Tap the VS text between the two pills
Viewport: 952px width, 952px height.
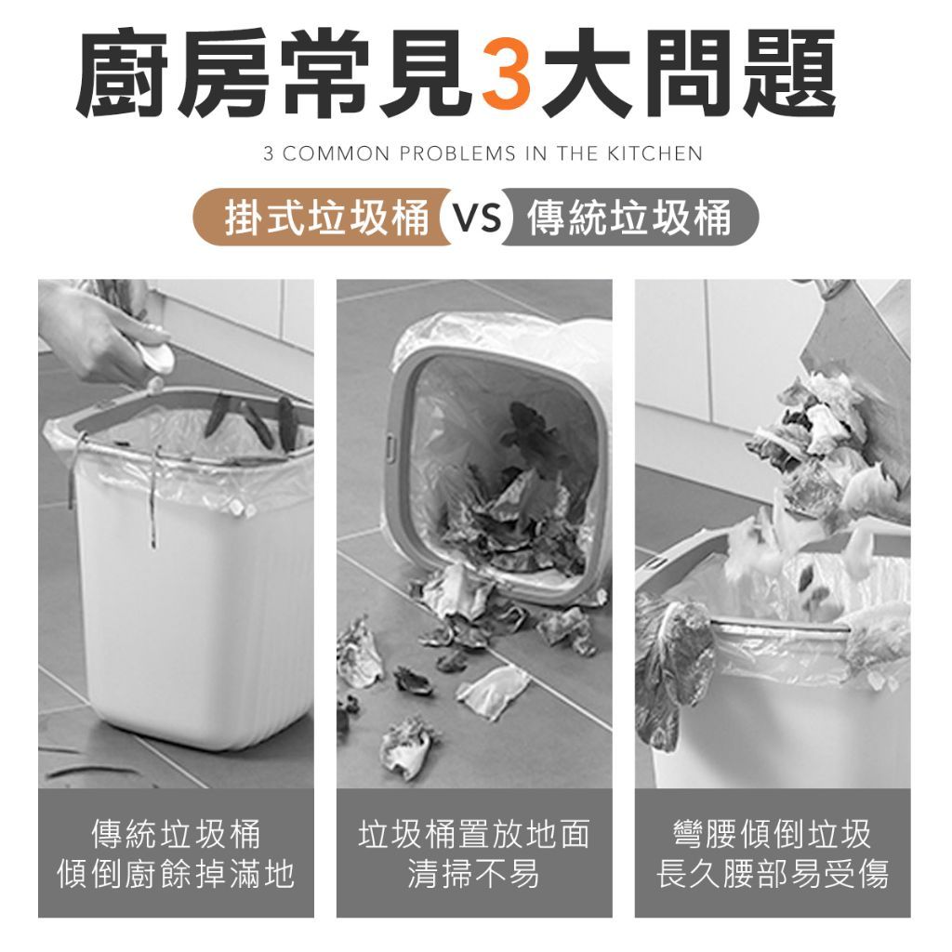point(479,218)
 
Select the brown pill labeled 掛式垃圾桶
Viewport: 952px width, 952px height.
point(322,218)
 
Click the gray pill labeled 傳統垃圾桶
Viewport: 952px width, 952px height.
point(629,218)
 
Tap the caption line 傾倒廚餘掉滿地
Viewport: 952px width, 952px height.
point(176,875)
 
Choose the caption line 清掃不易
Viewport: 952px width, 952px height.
point(474,875)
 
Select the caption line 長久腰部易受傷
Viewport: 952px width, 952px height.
point(773,875)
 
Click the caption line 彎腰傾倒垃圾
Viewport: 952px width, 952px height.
point(773,834)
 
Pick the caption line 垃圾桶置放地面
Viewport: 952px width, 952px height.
point(474,834)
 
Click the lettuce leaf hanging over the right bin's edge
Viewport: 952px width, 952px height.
point(673,668)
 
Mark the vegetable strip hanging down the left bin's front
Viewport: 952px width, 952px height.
point(153,498)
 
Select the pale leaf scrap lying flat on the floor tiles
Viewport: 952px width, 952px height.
point(493,691)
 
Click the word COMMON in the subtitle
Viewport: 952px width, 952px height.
point(335,153)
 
